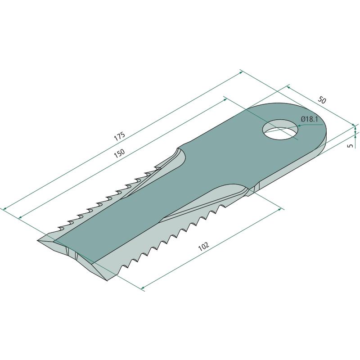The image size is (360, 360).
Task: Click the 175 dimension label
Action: (x=119, y=136)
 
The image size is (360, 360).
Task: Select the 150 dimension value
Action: (x=119, y=153)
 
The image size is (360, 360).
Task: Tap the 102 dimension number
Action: (x=204, y=246)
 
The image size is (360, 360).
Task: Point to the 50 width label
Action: (x=322, y=100)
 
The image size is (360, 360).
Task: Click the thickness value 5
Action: (x=351, y=145)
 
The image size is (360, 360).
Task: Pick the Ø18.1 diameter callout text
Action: (x=310, y=119)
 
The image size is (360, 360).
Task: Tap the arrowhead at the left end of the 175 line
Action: (x=4, y=208)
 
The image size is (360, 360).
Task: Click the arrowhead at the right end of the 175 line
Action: (x=241, y=72)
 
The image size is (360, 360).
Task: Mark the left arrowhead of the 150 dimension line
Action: (x=20, y=217)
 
